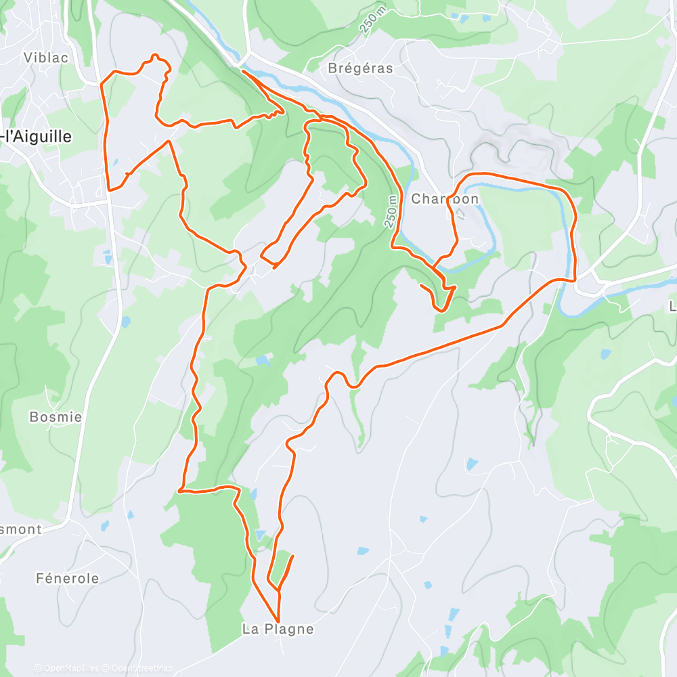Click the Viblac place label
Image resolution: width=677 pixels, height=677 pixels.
[46, 58]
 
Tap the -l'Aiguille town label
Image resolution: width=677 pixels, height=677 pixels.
[37, 136]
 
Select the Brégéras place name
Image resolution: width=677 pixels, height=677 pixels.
[360, 68]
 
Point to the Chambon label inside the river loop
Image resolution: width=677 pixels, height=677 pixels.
[445, 199]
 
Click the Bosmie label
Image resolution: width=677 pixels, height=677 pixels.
[56, 417]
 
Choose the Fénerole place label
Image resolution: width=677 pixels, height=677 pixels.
[67, 578]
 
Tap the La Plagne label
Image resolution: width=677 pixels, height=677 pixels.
[278, 629]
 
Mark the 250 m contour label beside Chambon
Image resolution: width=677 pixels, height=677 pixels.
[393, 211]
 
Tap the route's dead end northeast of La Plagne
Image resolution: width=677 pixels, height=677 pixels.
[293, 556]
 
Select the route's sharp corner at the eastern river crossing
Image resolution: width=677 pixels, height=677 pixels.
[575, 279]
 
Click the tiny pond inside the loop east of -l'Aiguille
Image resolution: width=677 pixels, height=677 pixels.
[114, 162]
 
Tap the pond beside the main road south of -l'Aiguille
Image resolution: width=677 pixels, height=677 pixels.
[106, 256]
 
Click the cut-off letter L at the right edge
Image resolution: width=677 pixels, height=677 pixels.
[672, 305]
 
